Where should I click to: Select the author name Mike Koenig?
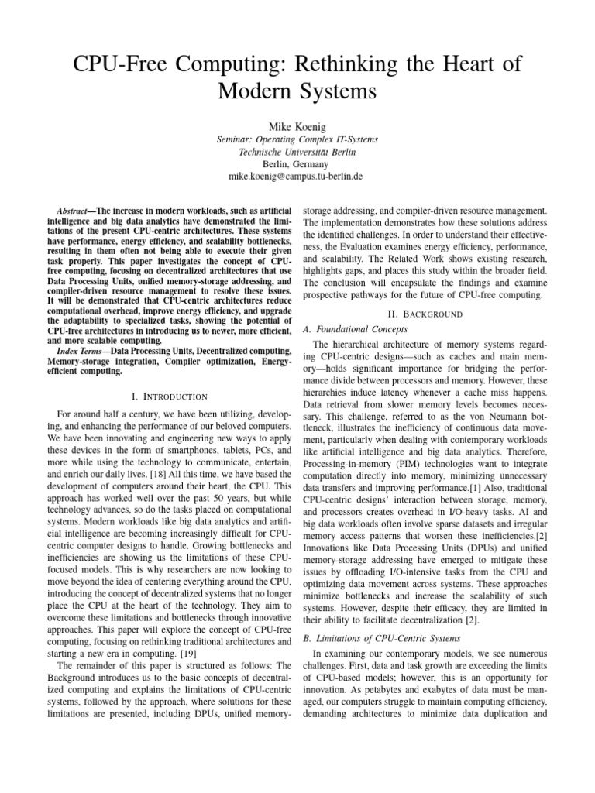(x=297, y=125)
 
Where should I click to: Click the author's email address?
(x=297, y=177)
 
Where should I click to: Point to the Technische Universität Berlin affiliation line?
(x=297, y=152)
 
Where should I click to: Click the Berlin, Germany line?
(x=297, y=164)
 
